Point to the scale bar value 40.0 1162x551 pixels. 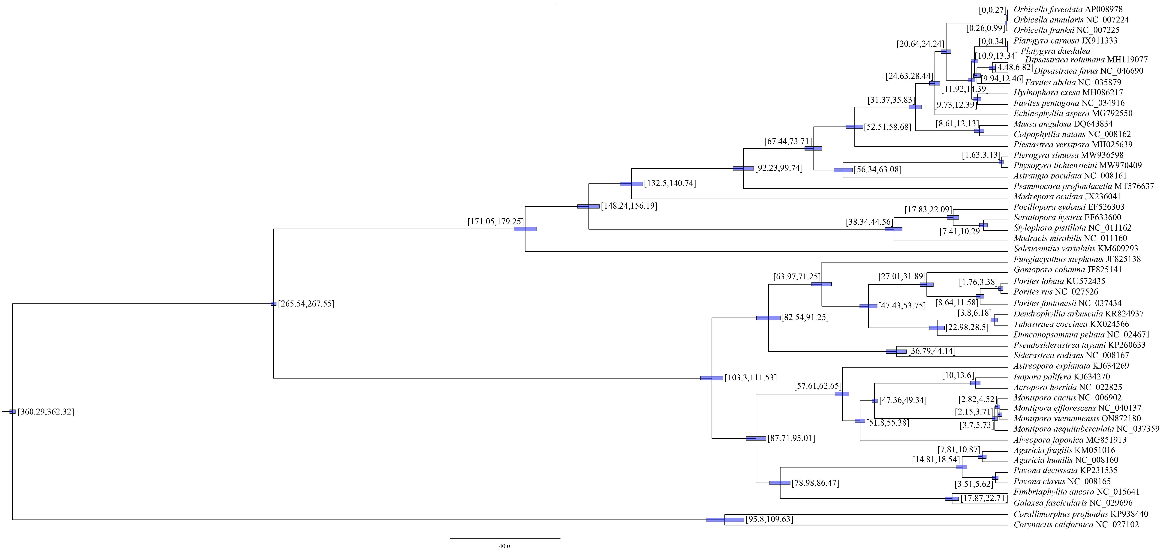pos(504,546)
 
